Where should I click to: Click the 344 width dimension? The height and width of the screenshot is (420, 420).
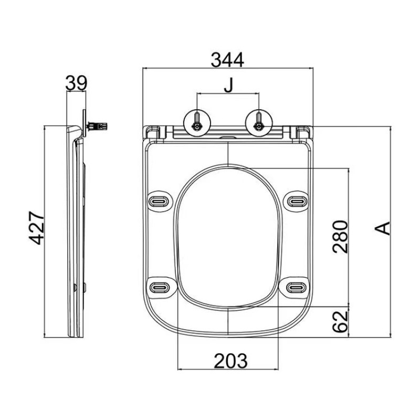227,60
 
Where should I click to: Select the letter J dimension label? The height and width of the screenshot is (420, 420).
228,85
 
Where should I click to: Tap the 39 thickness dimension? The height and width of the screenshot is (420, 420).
76,83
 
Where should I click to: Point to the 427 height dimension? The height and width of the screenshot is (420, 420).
36,228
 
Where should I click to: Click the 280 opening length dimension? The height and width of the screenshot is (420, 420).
340,237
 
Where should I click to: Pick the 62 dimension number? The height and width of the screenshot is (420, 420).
340,321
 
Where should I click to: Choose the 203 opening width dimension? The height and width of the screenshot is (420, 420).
230,361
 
